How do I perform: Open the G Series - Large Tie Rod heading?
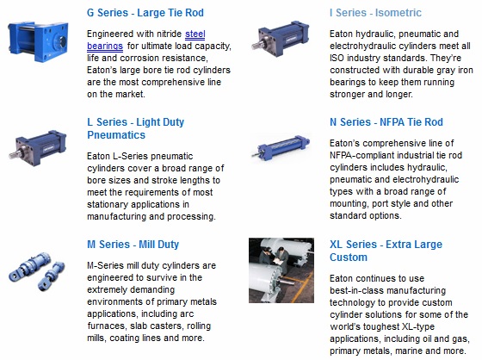145,13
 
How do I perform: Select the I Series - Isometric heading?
375,13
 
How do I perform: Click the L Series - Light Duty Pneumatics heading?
136,128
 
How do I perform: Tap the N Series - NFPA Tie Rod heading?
386,122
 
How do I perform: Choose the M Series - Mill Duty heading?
133,245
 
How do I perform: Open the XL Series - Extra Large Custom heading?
386,251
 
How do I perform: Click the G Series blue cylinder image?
38,41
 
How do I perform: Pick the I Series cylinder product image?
280,38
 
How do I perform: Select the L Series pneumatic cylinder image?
38,147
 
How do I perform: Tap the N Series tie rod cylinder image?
281,147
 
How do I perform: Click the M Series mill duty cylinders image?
37,270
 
